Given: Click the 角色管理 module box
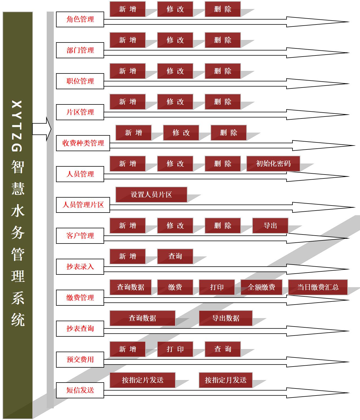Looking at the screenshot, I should [80, 19].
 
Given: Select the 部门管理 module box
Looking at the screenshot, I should [80, 50].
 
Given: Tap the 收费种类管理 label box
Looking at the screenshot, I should [83, 143].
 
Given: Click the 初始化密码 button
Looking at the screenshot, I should [273, 164].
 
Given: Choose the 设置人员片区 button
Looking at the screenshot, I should [151, 195].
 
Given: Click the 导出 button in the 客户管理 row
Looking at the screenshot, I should [270, 225].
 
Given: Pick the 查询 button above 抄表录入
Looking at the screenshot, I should [175, 256].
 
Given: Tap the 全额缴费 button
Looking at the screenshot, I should [261, 287].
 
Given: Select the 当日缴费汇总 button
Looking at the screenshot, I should [318, 287].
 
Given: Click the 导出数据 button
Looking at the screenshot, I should [225, 318].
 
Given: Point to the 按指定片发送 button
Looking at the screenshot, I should [142, 380].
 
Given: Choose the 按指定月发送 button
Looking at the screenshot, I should [225, 380].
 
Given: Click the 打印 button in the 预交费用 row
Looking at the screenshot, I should [175, 349].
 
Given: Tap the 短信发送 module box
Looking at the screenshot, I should [80, 390].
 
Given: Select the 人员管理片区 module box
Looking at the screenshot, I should [83, 205].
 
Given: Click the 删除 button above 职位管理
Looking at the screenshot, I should [223, 71].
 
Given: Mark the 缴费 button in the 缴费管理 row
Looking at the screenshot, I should [175, 287].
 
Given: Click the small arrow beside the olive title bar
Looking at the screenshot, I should [42, 129].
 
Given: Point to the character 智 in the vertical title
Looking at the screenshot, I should [18, 167].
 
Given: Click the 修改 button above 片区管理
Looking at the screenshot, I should [175, 102].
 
